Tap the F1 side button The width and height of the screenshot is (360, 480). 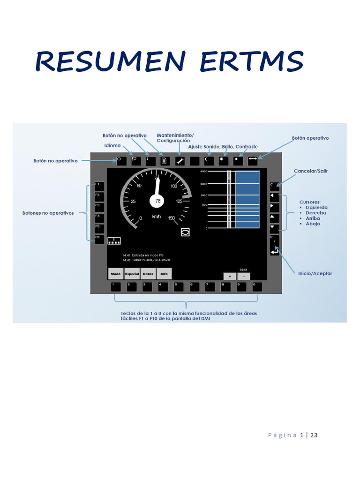pos(99,186)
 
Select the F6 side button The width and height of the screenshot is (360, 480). pos(99,239)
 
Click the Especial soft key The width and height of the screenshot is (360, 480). pos(132,274)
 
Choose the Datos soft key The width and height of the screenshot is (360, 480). pos(148,274)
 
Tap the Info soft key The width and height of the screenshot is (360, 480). pos(164,274)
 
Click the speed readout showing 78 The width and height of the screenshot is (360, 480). pos(157,201)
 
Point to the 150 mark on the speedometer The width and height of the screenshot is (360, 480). pos(171,218)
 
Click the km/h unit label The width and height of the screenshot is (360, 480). pos(157,217)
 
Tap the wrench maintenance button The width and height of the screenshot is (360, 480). pos(180,160)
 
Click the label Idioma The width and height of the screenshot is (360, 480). pos(112,146)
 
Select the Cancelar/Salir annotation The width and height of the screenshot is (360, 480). pos(311,171)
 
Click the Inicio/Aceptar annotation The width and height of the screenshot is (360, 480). pos(315,273)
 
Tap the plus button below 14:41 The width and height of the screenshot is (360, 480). pos(230,276)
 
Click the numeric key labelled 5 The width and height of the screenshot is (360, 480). pos(178,286)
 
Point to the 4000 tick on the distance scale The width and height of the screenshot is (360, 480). pos(203,172)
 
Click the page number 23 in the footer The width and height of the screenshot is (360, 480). pos(314,435)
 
